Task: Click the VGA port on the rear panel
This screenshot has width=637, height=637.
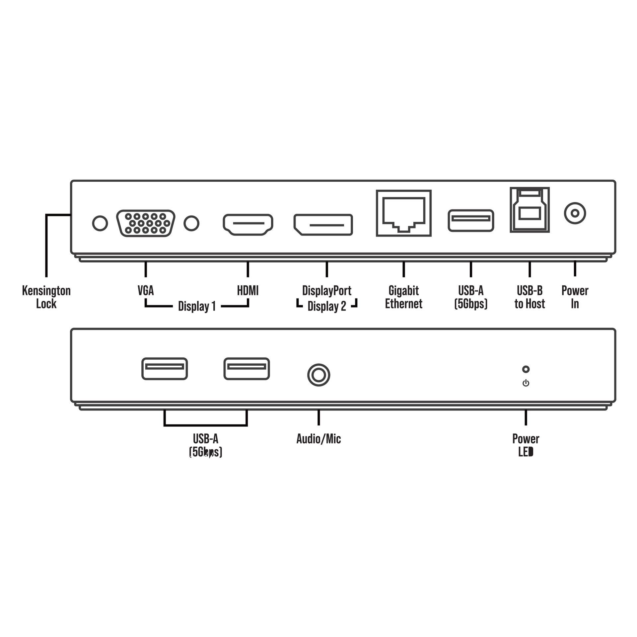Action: click(x=146, y=223)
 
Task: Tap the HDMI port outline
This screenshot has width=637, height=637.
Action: click(x=248, y=224)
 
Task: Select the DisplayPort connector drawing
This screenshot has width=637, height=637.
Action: click(x=323, y=225)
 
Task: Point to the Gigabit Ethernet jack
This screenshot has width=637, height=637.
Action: click(x=403, y=213)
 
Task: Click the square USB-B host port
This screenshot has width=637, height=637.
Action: click(x=530, y=210)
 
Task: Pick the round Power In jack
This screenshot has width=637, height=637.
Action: click(x=575, y=213)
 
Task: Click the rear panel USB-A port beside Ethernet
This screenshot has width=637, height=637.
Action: click(x=471, y=220)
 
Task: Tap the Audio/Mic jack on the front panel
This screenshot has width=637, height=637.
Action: click(x=318, y=375)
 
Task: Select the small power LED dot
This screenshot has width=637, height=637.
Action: click(x=526, y=369)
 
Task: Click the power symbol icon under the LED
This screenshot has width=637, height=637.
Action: click(x=526, y=383)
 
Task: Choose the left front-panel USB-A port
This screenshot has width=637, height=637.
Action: click(x=165, y=369)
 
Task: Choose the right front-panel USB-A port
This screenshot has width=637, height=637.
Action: click(x=247, y=369)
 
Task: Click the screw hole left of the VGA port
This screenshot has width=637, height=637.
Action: click(x=100, y=223)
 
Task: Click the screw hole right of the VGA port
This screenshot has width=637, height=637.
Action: click(x=191, y=223)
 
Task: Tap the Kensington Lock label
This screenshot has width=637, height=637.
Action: click(x=46, y=297)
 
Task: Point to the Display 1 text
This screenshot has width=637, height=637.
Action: click(x=197, y=306)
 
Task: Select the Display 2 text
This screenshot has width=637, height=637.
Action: click(x=327, y=306)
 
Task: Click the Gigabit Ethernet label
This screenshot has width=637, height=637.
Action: click(x=403, y=297)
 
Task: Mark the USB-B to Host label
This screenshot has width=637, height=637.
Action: click(x=530, y=297)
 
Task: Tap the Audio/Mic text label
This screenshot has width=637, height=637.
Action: click(x=318, y=439)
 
